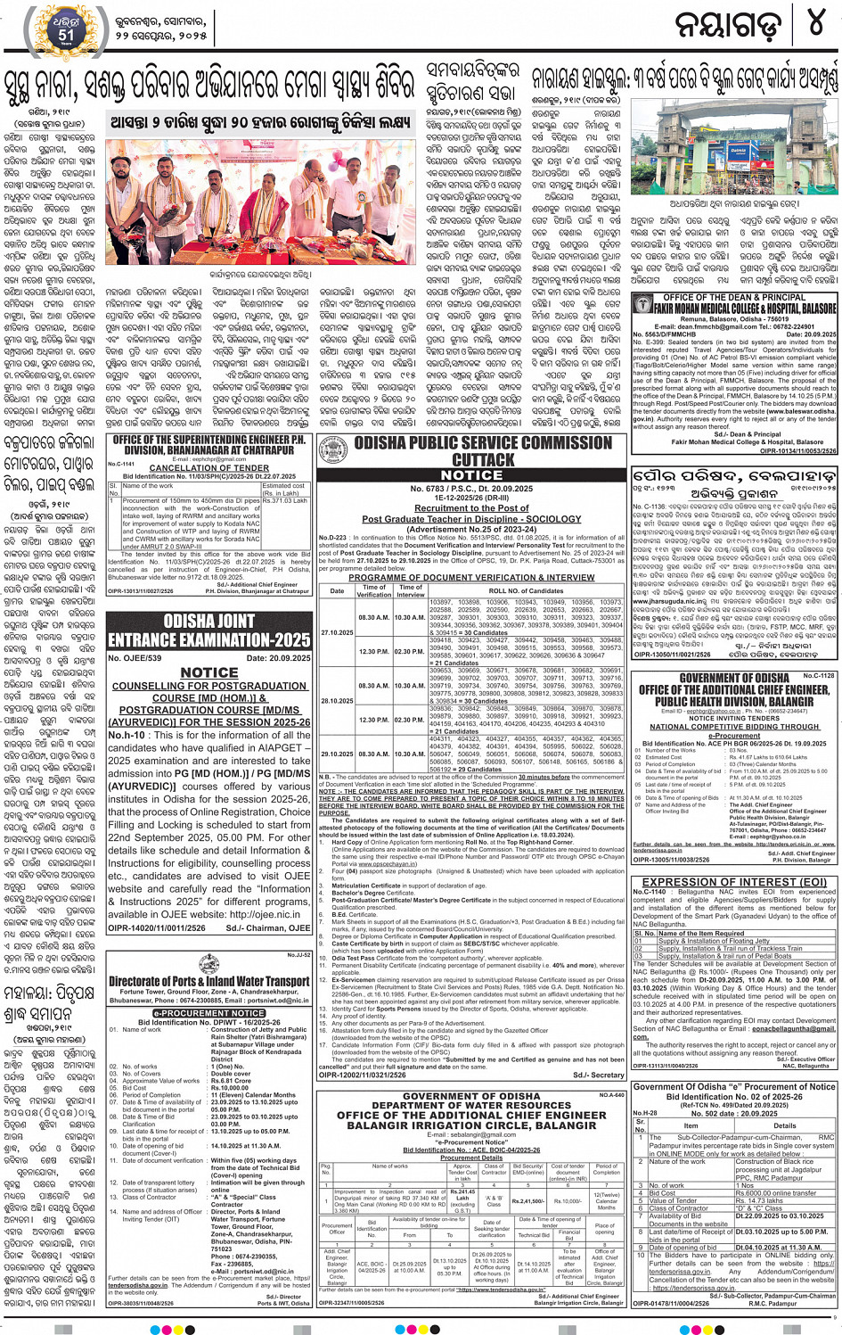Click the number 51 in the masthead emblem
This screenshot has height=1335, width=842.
pos(67,35)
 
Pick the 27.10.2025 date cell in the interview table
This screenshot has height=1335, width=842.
pos(337,632)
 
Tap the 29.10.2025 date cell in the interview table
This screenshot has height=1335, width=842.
pos(337,754)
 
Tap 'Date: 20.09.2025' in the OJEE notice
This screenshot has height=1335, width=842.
pos(277,658)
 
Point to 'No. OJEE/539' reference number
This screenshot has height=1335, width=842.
pos(135,658)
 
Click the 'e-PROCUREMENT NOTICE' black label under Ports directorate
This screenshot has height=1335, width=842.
pos(208,1013)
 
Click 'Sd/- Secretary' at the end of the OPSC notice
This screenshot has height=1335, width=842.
pos(599,1075)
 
